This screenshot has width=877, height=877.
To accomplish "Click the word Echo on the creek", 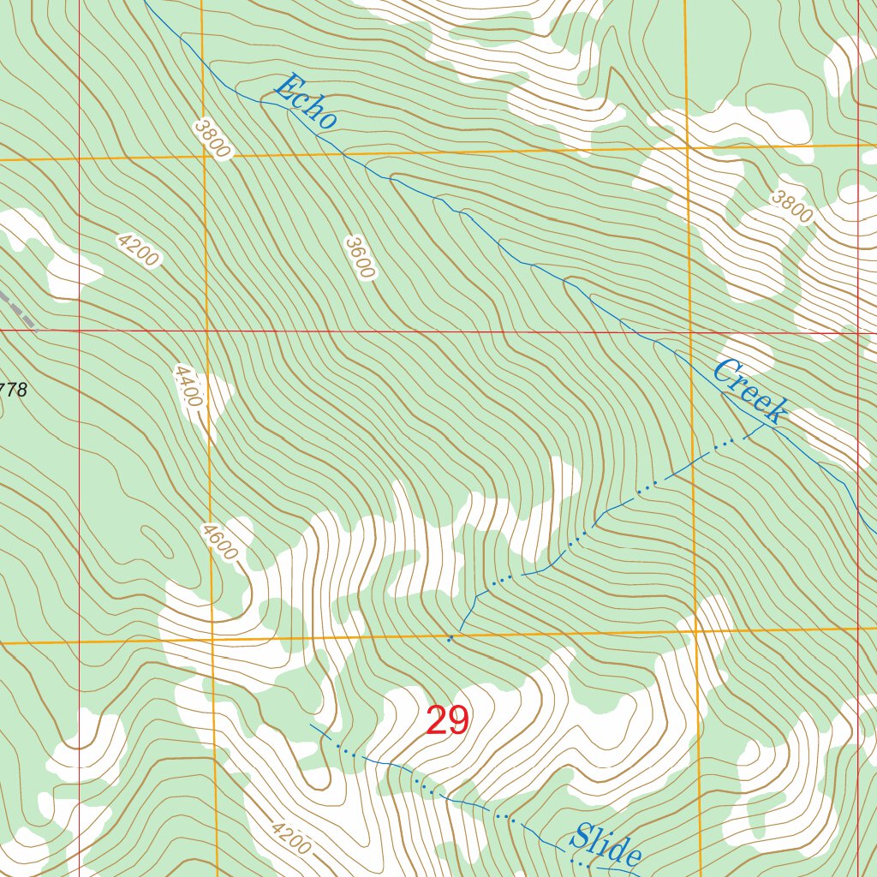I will click(305, 103).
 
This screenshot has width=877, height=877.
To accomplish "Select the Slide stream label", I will click(607, 846).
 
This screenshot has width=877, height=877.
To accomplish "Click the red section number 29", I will click(448, 722).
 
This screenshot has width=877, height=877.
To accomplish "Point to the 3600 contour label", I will click(360, 258).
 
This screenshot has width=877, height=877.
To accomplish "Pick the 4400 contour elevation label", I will click(188, 386).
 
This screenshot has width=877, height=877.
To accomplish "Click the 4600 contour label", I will click(220, 542).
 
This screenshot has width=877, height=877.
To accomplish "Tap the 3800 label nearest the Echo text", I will click(212, 139).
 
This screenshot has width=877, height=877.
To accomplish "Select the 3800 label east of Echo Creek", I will click(790, 206).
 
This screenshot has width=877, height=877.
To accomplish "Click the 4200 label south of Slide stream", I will click(288, 838).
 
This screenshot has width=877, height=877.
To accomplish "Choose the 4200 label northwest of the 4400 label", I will click(139, 250).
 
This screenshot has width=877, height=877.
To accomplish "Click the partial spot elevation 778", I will click(13, 391).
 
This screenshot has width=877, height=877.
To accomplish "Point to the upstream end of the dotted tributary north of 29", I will click(450, 639).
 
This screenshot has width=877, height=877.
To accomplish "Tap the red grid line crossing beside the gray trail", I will click(78, 330).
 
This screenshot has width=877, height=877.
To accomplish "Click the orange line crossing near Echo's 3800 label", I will click(204, 158).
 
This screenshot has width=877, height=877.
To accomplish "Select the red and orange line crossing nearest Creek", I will click(690, 332).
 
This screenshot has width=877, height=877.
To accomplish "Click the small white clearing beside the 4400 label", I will click(216, 398).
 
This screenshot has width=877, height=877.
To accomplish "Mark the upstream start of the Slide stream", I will click(311, 725).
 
